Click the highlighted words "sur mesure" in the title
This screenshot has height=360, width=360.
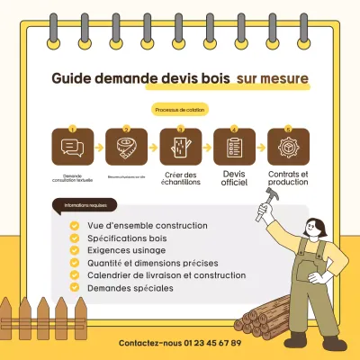click(x=272, y=79)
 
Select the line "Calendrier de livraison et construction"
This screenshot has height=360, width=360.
click(x=166, y=274)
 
